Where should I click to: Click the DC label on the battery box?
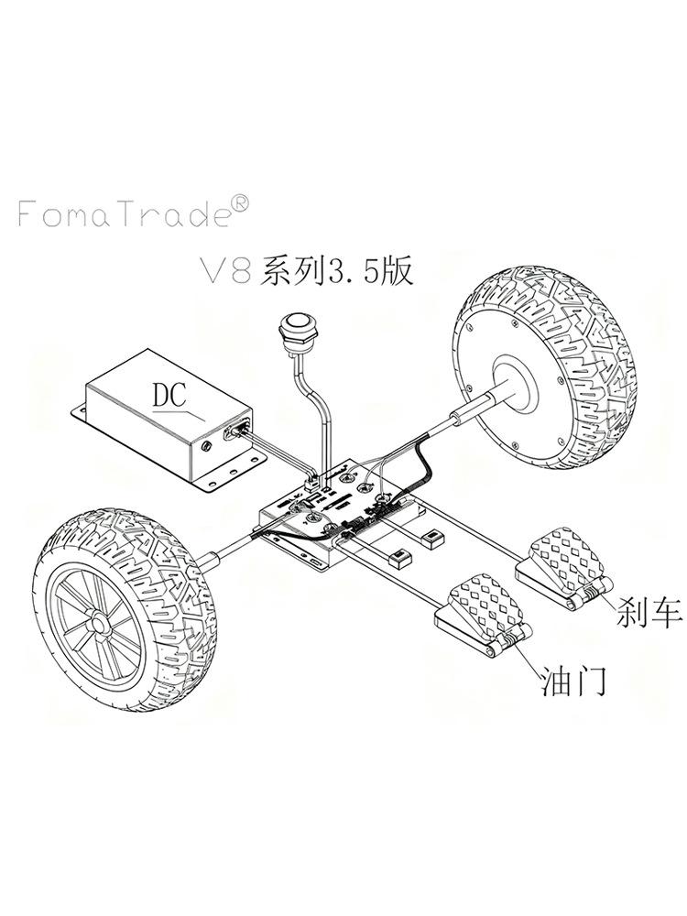pyautogui.click(x=170, y=396)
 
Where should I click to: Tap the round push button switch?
pyautogui.click(x=295, y=328)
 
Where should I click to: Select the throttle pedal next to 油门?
pyautogui.click(x=480, y=605)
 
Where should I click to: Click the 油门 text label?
pyautogui.click(x=574, y=682)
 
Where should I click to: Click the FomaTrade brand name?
pyautogui.click(x=119, y=214)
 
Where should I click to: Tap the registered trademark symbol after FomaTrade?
pyautogui.click(x=235, y=202)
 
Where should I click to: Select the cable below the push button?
pyautogui.click(x=316, y=412)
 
